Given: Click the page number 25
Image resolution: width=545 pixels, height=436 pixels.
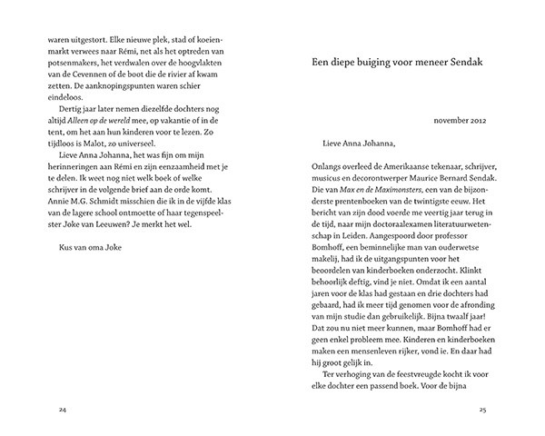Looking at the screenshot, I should pyautogui.click(x=484, y=411).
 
